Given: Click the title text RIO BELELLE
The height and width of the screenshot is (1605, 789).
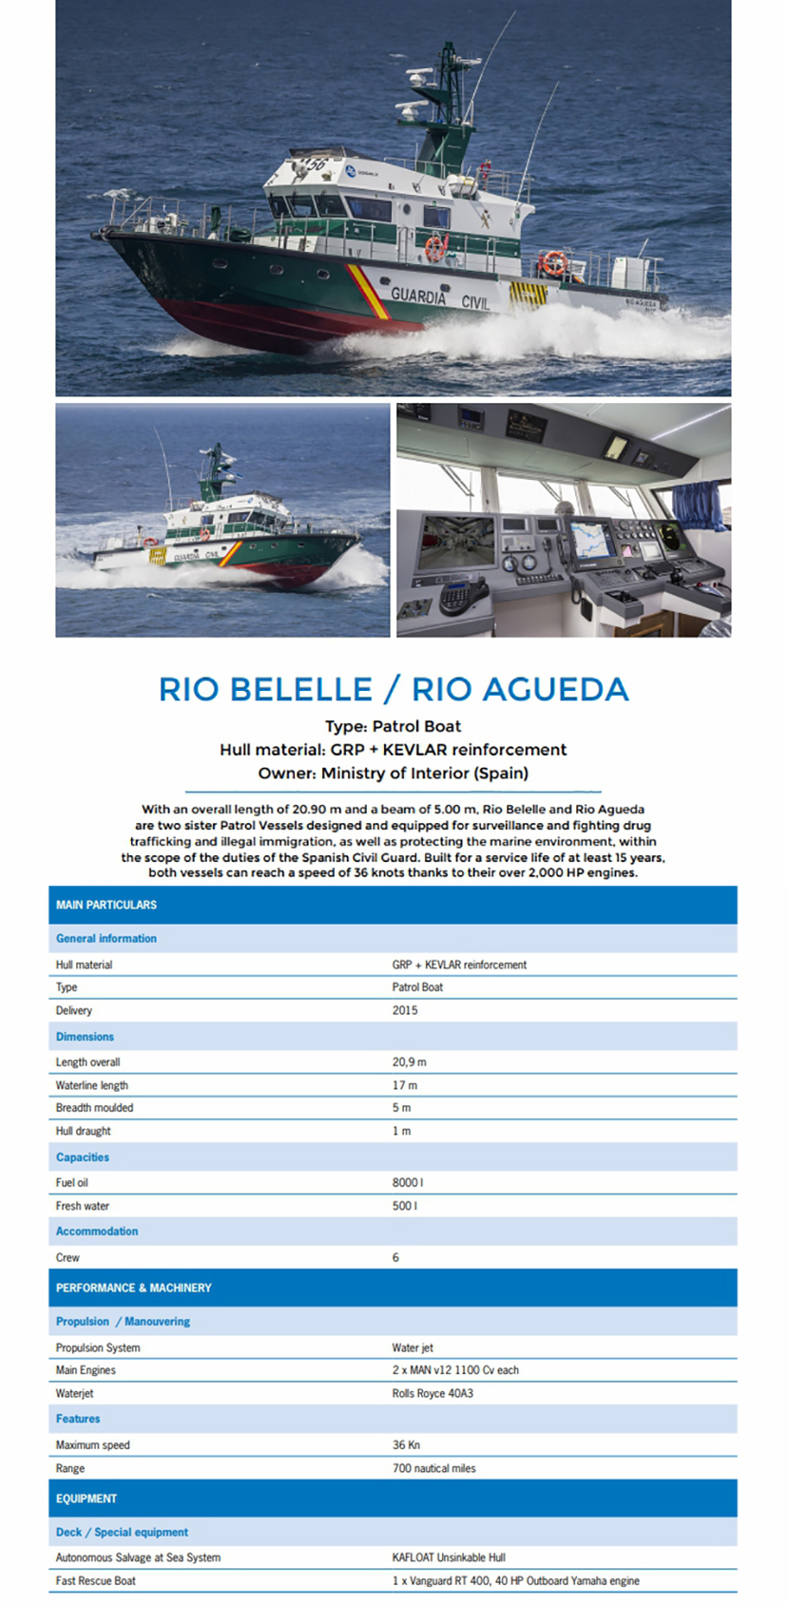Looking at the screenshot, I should pos(265,689).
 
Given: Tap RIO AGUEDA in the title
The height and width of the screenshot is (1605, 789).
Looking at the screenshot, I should pos(520,689).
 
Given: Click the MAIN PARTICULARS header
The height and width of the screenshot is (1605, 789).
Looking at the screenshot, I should pos(106,905).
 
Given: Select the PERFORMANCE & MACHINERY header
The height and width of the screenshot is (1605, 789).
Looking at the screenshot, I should pos(134,1288).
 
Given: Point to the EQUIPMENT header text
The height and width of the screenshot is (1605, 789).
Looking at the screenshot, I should pos(87,1499).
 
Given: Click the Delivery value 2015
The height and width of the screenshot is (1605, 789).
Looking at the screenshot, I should pos(405,1010).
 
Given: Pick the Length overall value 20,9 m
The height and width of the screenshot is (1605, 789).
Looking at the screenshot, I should pos(410,1061).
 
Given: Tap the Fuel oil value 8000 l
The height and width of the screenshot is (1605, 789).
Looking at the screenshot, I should pos(408,1182).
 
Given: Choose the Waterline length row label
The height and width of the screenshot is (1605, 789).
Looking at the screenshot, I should pos(92,1085).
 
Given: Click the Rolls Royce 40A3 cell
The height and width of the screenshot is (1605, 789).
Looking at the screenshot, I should pos(433,1393).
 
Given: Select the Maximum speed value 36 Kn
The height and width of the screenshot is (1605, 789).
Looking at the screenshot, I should pos(406,1444).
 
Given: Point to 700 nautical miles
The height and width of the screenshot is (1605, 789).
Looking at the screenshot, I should pos(434,1468).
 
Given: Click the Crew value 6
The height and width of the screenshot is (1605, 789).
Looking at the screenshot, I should pos(396,1257).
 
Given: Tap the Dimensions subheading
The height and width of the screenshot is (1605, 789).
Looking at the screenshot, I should pos(85,1037).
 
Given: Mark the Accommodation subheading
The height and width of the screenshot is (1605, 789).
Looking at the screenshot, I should pos(97,1231).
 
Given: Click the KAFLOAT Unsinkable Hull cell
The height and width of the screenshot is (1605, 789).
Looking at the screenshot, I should pos(449,1557).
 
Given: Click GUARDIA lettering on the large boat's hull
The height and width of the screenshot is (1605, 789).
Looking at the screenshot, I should pos(418,296).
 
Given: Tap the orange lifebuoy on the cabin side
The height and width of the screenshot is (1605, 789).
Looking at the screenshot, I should pos(434,248).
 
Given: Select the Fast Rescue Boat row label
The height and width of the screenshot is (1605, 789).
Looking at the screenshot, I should pos(96,1580).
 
